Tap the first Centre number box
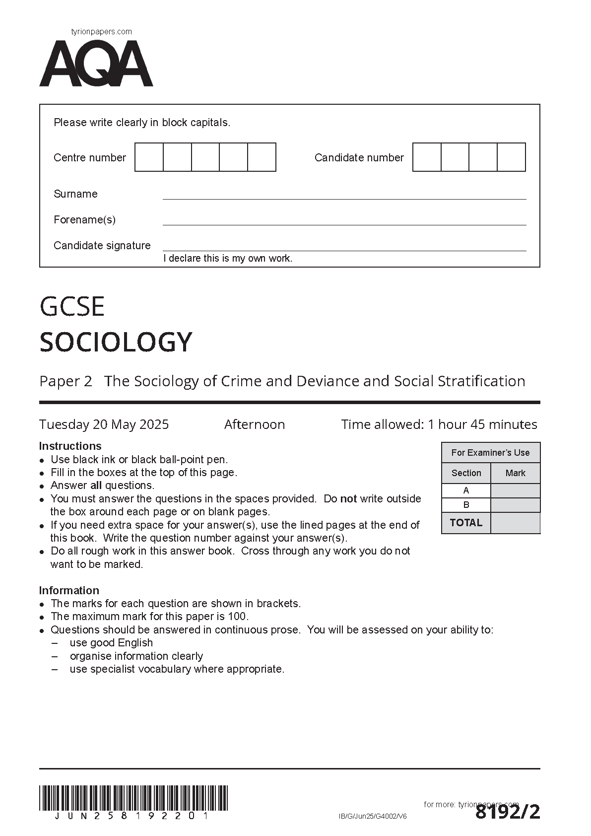click(149, 157)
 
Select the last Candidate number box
click(511, 157)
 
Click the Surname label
click(75, 194)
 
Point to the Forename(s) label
click(84, 219)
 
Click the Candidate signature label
click(102, 245)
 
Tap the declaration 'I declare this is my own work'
click(228, 258)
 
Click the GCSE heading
click(72, 306)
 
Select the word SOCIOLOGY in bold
click(116, 342)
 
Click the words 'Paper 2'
click(66, 381)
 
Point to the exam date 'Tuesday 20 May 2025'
click(104, 424)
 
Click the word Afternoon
click(255, 424)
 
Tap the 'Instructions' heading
click(70, 446)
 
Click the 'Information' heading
click(69, 590)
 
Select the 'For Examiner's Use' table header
click(490, 453)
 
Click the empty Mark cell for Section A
click(515, 490)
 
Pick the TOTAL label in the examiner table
click(466, 523)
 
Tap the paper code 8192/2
click(507, 813)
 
